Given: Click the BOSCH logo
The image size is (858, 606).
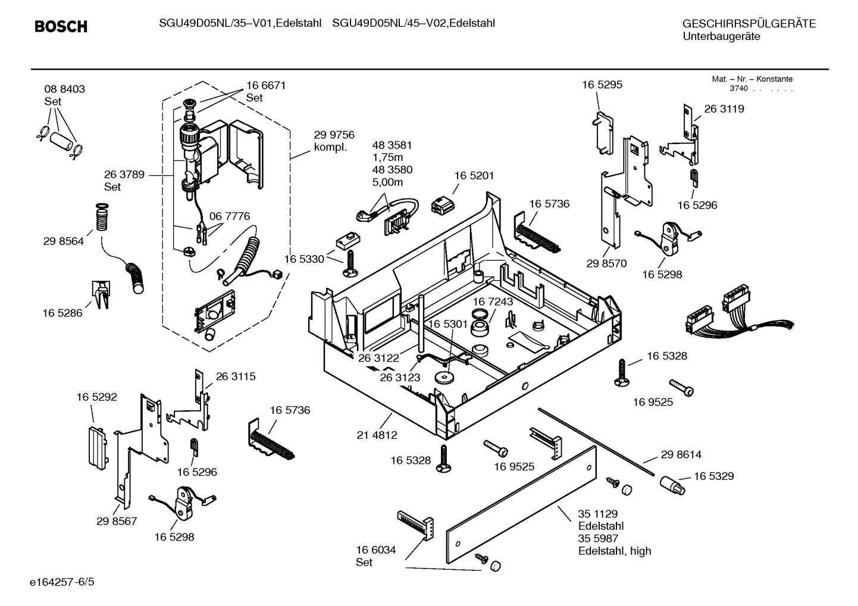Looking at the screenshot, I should (x=61, y=27).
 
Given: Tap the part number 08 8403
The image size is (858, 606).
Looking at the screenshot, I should (x=64, y=89).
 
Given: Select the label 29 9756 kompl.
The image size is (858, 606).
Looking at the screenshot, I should (x=334, y=141).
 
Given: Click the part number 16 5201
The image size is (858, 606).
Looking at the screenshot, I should (x=474, y=176).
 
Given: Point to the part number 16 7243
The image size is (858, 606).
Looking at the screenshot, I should (x=493, y=302).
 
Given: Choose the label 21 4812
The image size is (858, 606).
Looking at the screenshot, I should (x=377, y=435).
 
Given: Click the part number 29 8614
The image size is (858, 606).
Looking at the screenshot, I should (x=681, y=455).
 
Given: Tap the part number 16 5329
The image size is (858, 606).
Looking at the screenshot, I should (x=713, y=476).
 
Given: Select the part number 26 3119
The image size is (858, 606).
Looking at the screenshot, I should (x=724, y=109).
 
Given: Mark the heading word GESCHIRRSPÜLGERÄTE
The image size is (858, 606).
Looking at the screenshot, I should (x=749, y=24).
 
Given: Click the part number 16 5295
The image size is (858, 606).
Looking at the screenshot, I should (x=602, y=84).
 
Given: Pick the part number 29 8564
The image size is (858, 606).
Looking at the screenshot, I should (x=63, y=241).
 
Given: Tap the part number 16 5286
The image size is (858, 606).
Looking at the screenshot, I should (x=62, y=313).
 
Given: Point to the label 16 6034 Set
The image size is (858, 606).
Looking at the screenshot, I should (x=376, y=556).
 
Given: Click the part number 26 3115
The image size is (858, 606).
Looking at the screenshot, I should (x=235, y=376).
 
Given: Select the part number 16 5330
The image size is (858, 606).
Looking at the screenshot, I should (x=303, y=259).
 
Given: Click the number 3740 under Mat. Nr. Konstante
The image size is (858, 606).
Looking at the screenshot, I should (x=738, y=89).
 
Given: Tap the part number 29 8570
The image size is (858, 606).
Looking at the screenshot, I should (x=606, y=263).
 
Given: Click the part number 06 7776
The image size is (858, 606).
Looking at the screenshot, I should (x=230, y=216).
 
